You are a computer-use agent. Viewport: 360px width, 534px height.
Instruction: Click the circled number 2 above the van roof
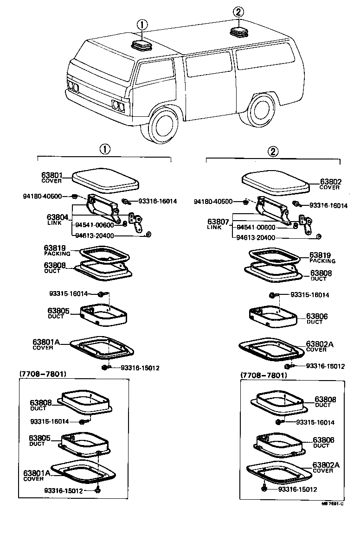click(238, 13)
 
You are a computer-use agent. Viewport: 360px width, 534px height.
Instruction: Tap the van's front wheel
click(164, 125)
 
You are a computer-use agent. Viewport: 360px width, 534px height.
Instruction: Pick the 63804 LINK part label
click(58, 219)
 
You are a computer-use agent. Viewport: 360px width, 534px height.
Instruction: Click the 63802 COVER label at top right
click(330, 184)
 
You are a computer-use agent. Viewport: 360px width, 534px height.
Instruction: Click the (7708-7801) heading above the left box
click(43, 373)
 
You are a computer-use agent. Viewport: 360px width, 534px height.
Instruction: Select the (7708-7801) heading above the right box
click(264, 375)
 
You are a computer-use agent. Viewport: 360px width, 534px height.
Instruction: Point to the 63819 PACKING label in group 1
click(57, 250)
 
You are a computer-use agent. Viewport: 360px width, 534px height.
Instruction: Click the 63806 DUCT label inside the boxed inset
click(323, 442)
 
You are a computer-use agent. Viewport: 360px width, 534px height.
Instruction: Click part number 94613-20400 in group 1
click(94, 235)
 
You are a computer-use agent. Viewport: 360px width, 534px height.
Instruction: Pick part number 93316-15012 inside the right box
click(297, 489)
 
